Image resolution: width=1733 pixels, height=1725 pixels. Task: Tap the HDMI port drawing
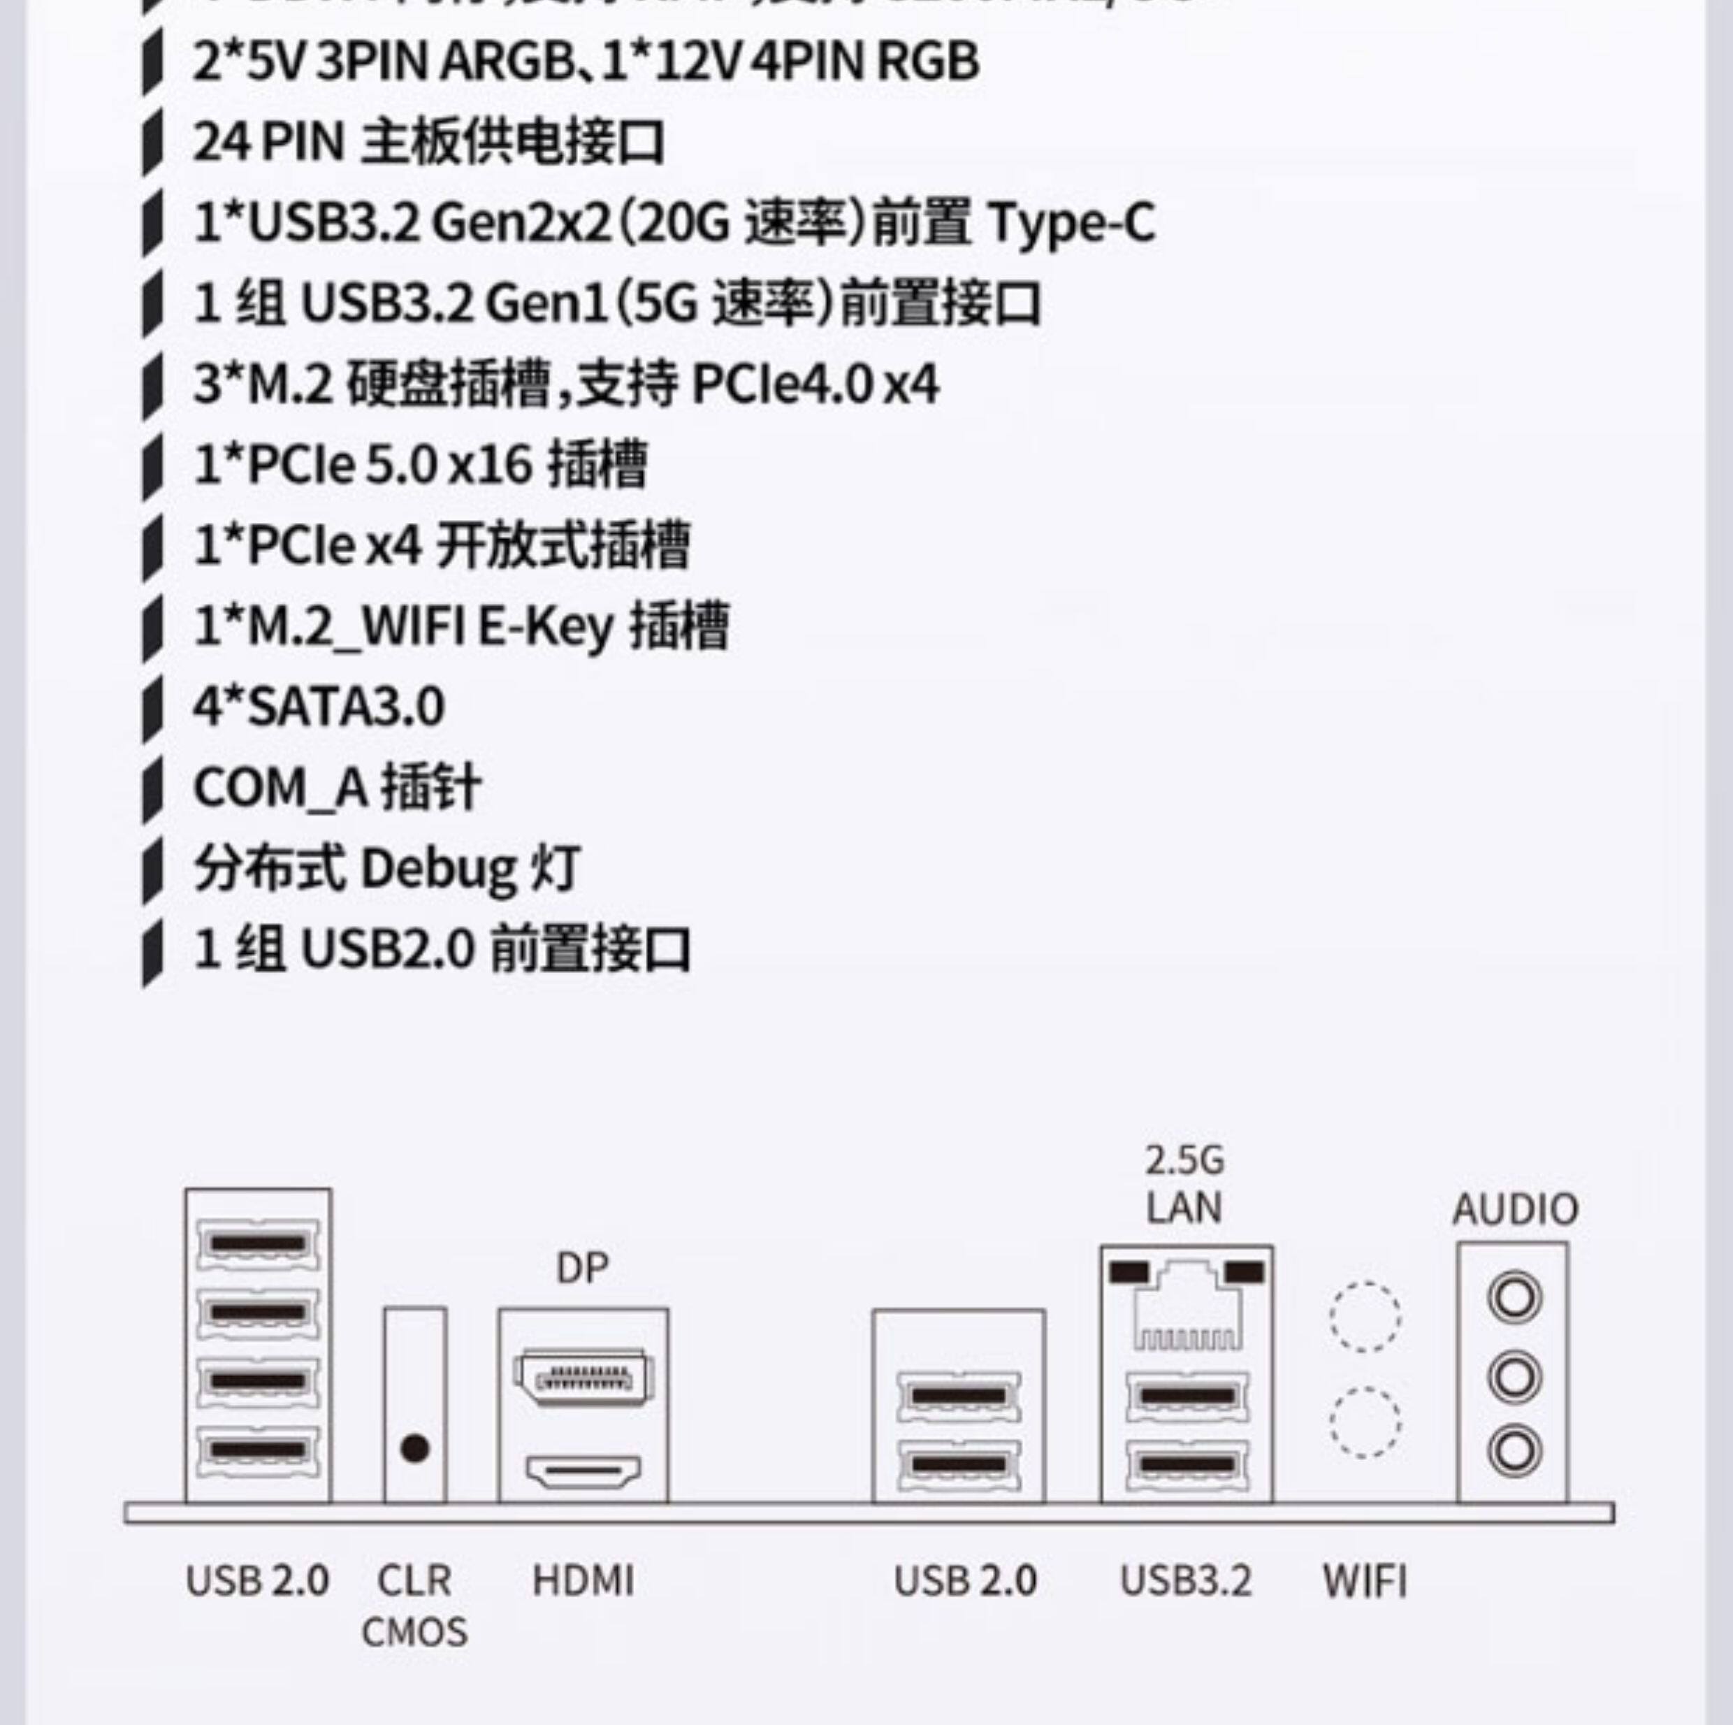(x=583, y=1471)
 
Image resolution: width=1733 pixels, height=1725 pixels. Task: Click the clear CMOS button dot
(x=414, y=1448)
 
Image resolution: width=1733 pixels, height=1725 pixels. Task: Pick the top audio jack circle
(x=1514, y=1297)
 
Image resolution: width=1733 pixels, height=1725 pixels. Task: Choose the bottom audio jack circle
(x=1514, y=1450)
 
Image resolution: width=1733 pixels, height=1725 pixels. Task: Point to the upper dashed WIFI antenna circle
(x=1364, y=1316)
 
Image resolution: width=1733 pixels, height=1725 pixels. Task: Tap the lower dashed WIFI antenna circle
(x=1364, y=1422)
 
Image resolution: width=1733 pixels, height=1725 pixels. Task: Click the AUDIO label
(x=1515, y=1209)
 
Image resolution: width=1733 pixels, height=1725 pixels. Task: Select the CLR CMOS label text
(x=414, y=1605)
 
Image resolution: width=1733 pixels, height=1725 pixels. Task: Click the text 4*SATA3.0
(x=319, y=706)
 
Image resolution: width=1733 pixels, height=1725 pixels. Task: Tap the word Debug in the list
(x=437, y=869)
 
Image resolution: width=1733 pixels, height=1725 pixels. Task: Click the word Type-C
(x=1071, y=222)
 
